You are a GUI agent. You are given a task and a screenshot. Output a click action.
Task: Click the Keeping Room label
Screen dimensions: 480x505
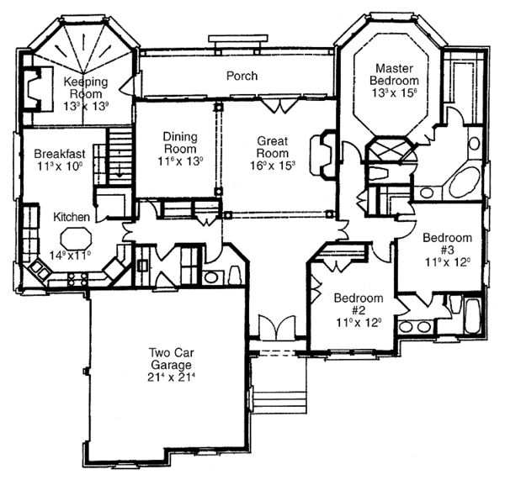(87, 87)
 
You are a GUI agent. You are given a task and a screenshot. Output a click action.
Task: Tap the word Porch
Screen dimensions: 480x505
(242, 76)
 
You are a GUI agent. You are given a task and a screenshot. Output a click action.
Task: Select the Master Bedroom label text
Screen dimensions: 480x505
(393, 73)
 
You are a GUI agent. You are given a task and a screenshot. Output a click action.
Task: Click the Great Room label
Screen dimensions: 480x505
(274, 149)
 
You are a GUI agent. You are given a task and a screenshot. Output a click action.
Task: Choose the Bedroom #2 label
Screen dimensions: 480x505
(359, 304)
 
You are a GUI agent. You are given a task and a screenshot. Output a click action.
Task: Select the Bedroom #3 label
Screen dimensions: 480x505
(448, 243)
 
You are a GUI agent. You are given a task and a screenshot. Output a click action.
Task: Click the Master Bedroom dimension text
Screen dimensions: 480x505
(393, 94)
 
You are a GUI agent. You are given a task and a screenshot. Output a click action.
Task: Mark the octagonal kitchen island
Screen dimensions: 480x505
(75, 236)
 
